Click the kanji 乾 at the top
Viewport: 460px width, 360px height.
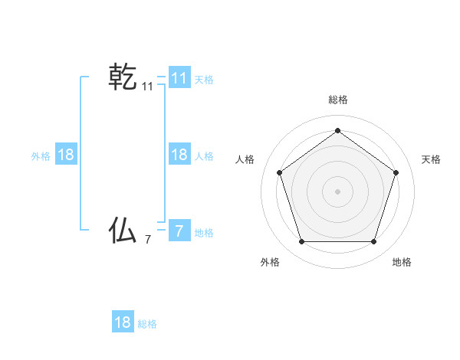[123, 77]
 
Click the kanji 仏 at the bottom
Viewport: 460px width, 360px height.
[123, 230]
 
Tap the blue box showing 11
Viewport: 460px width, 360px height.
[179, 77]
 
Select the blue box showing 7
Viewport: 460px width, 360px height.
[179, 231]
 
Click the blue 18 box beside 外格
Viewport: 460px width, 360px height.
[66, 155]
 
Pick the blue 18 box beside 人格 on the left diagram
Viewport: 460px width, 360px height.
[179, 155]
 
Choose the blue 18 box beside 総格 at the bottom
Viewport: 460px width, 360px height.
[123, 322]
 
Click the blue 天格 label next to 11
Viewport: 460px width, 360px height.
[204, 79]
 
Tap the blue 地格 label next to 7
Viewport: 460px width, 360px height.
[204, 233]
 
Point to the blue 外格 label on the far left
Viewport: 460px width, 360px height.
[41, 156]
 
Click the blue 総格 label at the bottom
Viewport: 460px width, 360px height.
[147, 324]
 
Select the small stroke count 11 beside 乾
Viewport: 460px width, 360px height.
[147, 87]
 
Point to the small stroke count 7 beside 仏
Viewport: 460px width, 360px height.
[147, 240]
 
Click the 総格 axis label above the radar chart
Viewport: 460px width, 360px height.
[337, 100]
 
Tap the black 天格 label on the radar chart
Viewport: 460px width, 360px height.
[431, 159]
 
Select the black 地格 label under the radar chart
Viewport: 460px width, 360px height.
[402, 262]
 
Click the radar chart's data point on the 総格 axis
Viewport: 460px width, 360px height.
[337, 130]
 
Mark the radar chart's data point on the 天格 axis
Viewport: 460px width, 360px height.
[396, 172]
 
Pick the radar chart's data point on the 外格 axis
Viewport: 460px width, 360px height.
[301, 241]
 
